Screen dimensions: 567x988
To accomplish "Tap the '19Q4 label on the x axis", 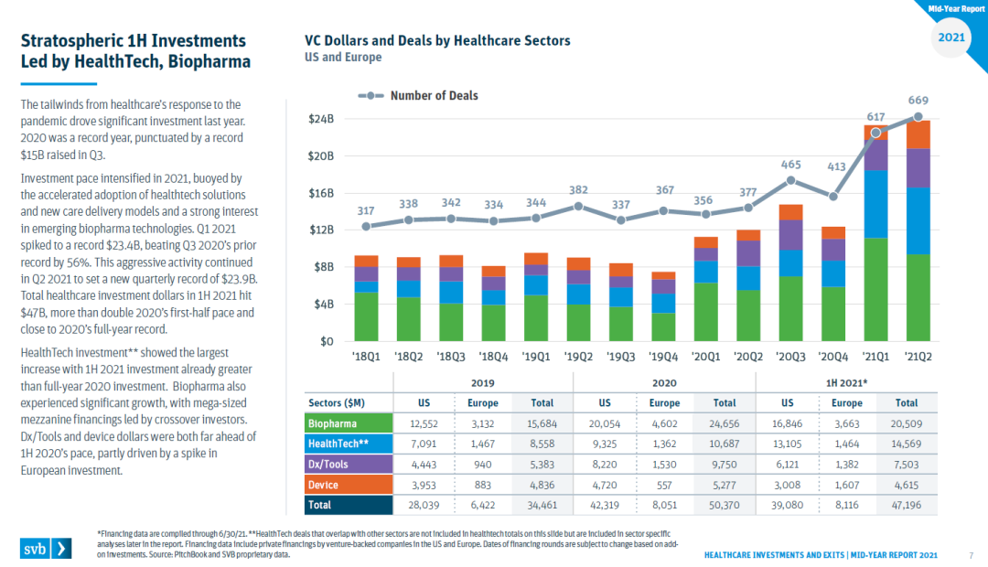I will pos(663,356).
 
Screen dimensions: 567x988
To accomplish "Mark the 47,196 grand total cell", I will pos(907,504).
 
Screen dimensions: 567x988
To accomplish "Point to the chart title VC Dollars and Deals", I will pos(437,41).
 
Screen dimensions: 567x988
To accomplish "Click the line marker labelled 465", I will pos(791,180).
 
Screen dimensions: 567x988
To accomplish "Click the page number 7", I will pos(970,554).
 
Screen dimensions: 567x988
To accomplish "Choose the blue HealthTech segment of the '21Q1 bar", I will pos(875,203).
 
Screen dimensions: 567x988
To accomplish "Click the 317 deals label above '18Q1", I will pos(366,211).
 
